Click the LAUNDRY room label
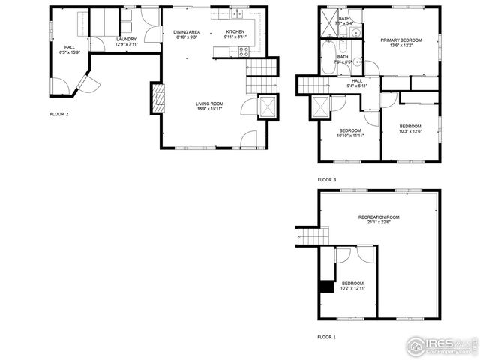(x=126, y=39)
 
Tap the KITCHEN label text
(x=235, y=32)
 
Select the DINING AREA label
(x=187, y=32)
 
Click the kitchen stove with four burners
(x=244, y=52)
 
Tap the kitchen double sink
(x=239, y=14)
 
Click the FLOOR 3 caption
(x=326, y=180)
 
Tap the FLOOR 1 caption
(x=326, y=337)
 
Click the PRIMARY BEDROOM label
(x=401, y=40)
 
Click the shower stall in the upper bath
(x=328, y=21)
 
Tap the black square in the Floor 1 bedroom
(x=326, y=286)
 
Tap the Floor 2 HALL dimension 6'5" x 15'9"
(x=69, y=52)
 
